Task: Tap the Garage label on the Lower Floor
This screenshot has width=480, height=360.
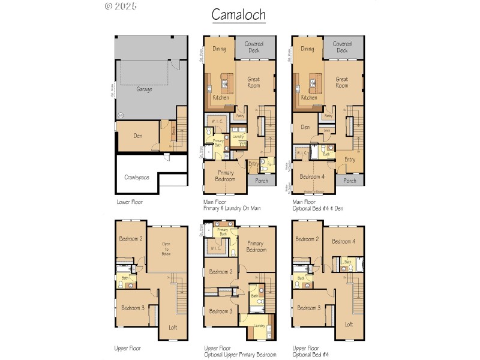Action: tap(144, 89)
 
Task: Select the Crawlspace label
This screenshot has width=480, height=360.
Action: tap(136, 177)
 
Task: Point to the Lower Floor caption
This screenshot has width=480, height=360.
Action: tap(130, 202)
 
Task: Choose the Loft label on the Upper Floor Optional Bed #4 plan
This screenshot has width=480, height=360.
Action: tap(349, 324)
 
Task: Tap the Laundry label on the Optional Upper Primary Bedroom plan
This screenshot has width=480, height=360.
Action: tap(259, 326)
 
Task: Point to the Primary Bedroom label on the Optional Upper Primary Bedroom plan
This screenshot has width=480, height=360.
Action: tap(256, 247)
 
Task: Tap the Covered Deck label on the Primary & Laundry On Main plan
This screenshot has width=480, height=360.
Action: tap(254, 47)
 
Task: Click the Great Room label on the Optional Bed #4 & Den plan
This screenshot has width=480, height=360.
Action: tap(342, 82)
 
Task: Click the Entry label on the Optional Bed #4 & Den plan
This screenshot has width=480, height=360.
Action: tap(350, 160)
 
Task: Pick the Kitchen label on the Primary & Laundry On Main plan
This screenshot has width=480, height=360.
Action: tap(221, 97)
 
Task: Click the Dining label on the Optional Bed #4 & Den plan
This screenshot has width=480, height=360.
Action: tap(308, 49)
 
